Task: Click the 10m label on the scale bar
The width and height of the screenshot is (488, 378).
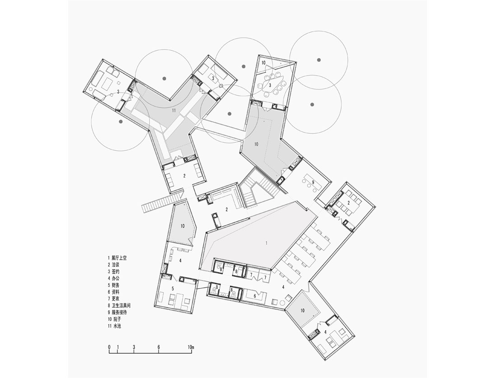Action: pos(191,347)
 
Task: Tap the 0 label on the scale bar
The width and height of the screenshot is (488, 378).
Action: pos(109,347)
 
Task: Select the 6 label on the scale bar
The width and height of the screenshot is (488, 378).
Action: pos(159,347)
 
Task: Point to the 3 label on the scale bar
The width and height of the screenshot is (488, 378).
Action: pos(134,347)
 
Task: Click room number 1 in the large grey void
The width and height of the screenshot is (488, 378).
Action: pos(266,243)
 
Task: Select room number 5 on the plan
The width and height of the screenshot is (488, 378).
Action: pos(173,289)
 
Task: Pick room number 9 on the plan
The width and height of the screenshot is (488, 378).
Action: pos(313,182)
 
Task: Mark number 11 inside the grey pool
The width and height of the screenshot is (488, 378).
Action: pos(174,110)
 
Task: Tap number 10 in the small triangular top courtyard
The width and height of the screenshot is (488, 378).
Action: pos(263,63)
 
